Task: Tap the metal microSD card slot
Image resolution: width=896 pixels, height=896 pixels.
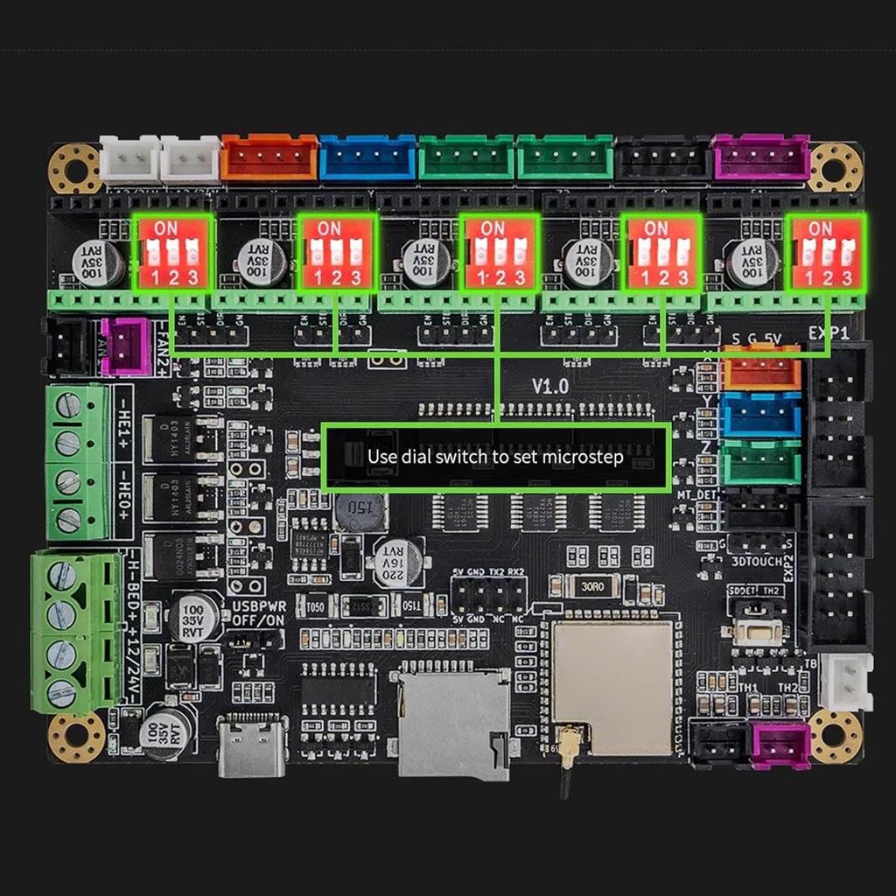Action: click(x=453, y=722)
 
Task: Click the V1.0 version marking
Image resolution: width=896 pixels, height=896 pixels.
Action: click(x=550, y=386)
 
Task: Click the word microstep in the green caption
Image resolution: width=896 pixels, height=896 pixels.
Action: click(x=583, y=457)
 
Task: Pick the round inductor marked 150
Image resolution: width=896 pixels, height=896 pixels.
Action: click(x=360, y=510)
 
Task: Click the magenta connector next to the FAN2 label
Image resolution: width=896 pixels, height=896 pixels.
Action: click(x=126, y=346)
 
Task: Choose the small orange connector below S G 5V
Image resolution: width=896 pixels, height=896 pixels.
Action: click(x=761, y=368)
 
